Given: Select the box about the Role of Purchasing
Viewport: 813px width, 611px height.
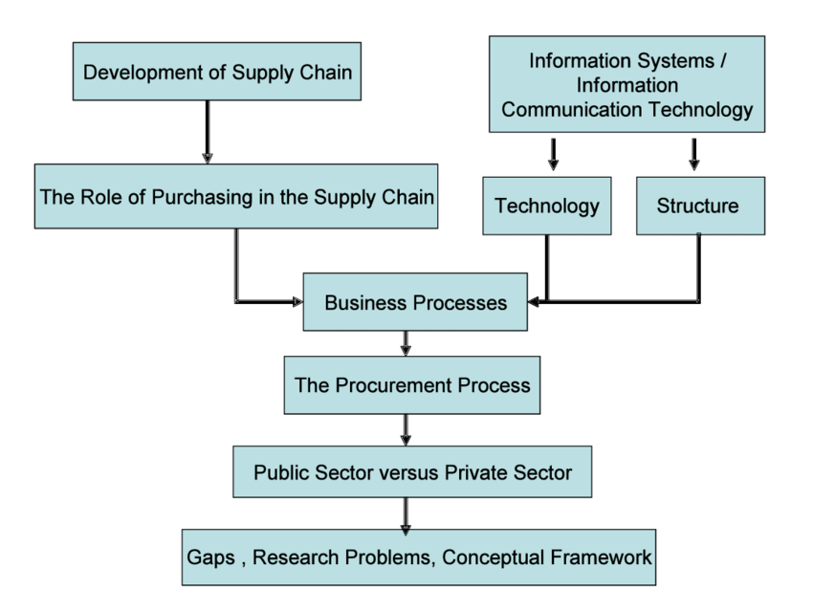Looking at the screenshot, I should pyautogui.click(x=235, y=197).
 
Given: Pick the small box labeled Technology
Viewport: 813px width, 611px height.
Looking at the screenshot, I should pyautogui.click(x=546, y=205).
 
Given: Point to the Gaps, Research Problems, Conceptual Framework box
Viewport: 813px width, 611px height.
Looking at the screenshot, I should pyautogui.click(x=418, y=556).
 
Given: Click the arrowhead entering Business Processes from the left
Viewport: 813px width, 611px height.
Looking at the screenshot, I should pyautogui.click(x=295, y=303).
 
